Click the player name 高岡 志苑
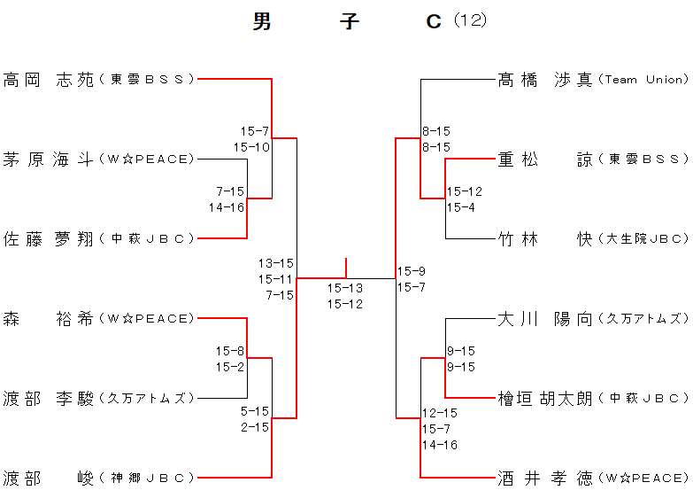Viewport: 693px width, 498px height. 49,80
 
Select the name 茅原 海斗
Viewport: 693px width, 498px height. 49,160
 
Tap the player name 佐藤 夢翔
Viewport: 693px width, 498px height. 49,238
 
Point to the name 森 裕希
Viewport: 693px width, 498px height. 49,318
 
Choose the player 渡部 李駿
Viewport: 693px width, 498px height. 49,398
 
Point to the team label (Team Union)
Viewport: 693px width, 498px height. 643,80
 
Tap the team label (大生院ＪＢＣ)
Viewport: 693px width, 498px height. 643,238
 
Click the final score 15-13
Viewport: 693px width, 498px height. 345,288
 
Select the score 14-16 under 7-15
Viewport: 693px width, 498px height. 227,207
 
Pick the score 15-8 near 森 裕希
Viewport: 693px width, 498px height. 230,351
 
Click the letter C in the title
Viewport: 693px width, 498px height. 434,21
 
